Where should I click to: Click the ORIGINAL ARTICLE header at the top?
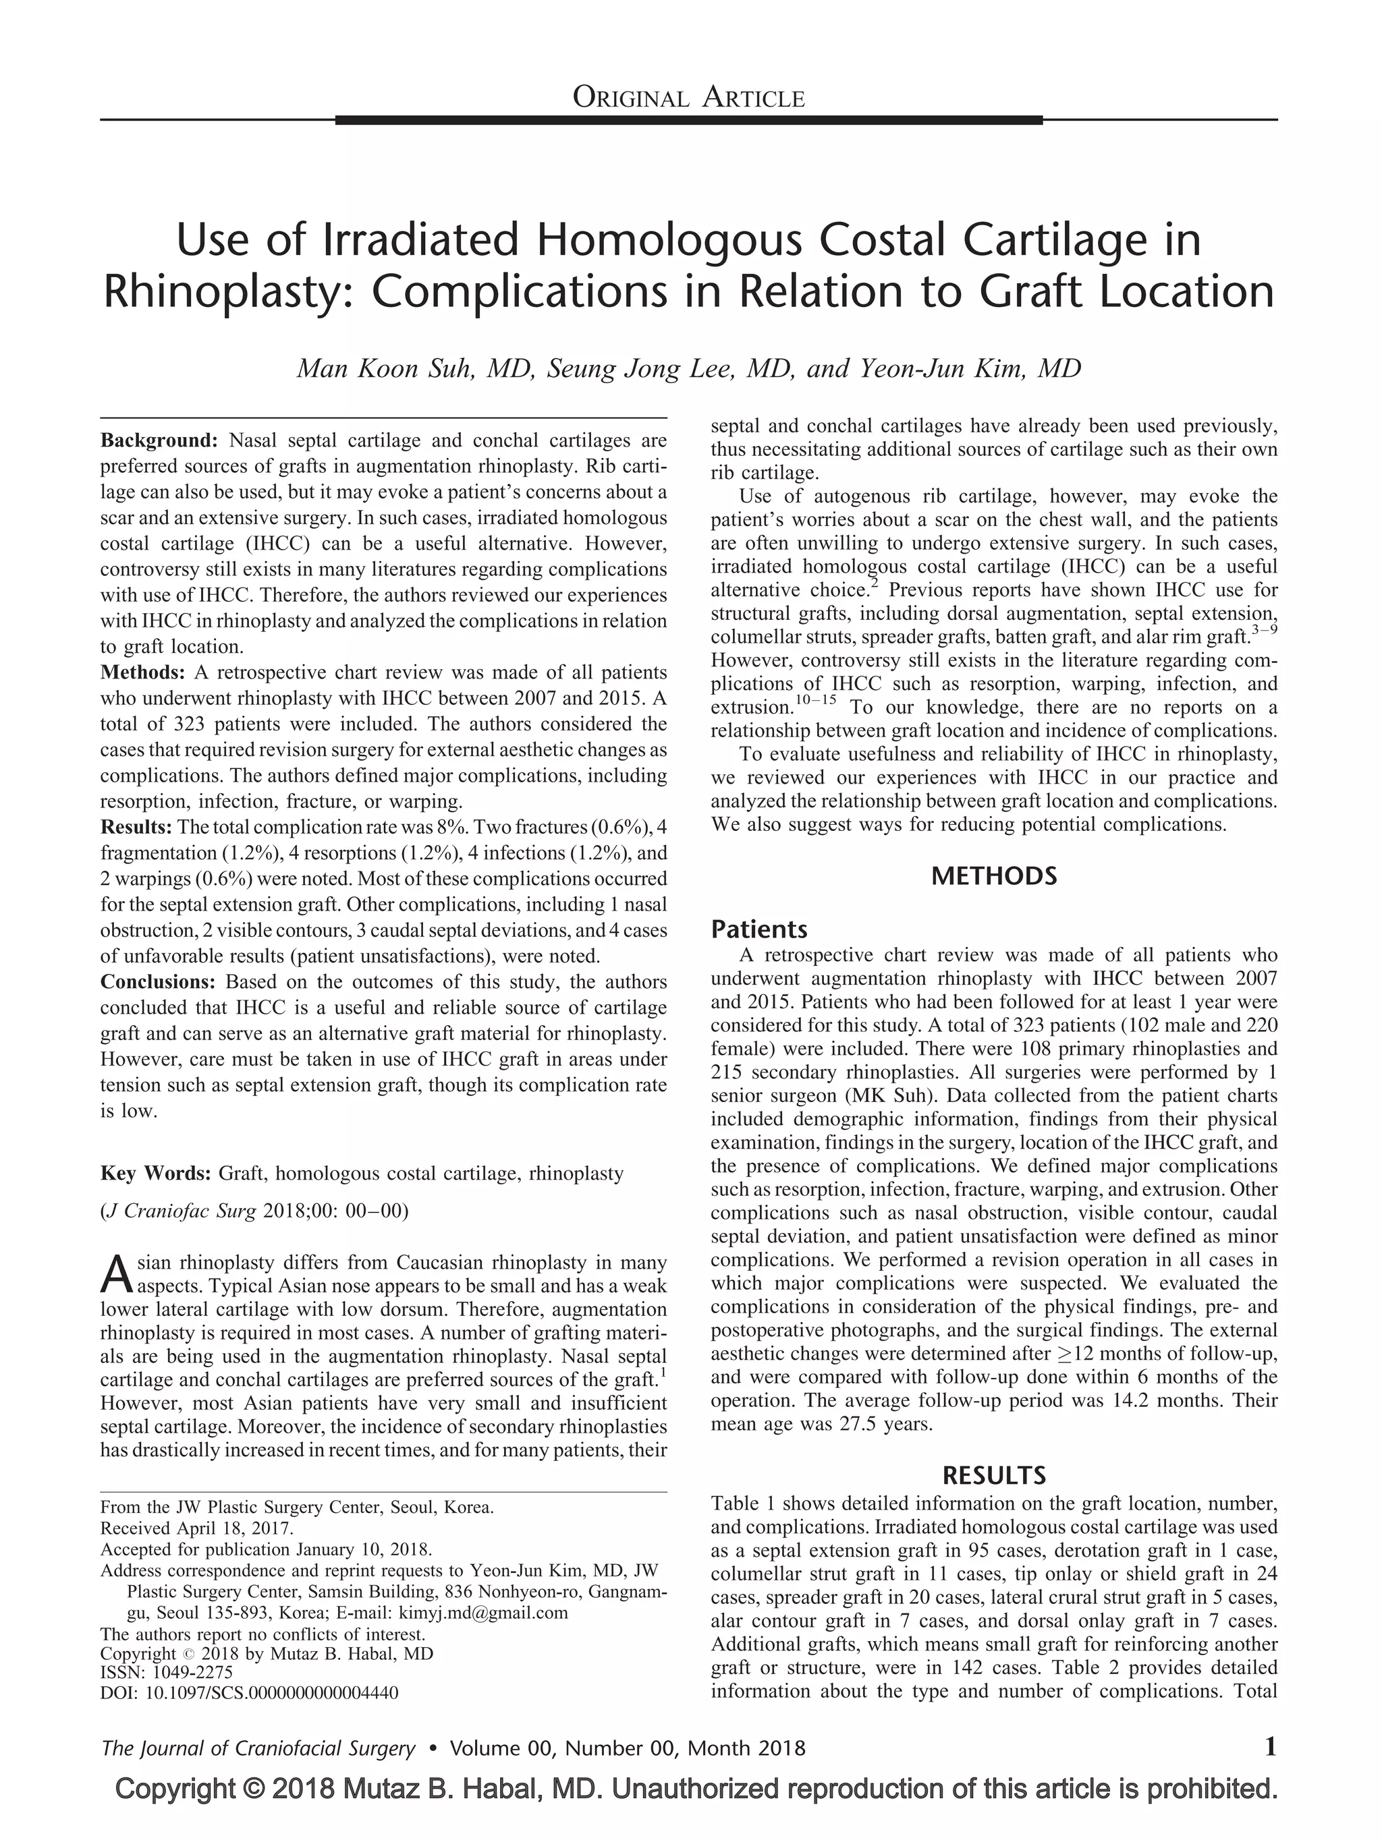pyautogui.click(x=688, y=99)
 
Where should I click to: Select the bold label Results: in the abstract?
pyautogui.click(x=136, y=827)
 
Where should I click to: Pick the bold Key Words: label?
pyautogui.click(x=156, y=1174)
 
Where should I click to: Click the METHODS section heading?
pyautogui.click(x=993, y=876)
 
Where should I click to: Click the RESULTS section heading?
pyautogui.click(x=993, y=1476)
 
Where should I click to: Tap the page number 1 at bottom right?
pyautogui.click(x=1270, y=1748)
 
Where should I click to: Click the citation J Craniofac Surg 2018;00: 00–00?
pyautogui.click(x=254, y=1211)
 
